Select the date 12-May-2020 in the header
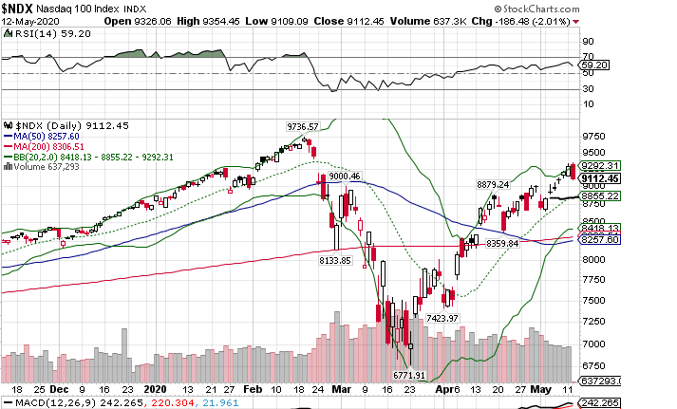point(26,21)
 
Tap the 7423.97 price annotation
point(443,317)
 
